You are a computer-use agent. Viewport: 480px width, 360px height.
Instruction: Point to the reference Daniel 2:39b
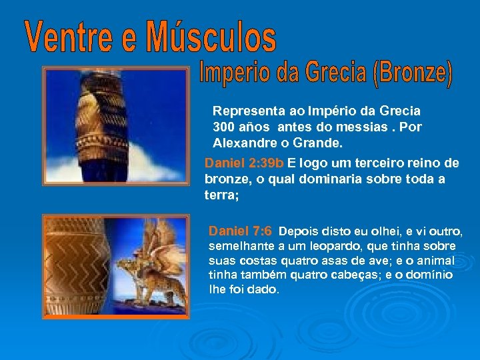tap(244, 163)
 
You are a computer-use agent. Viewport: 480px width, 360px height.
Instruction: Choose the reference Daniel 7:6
tap(240, 232)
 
